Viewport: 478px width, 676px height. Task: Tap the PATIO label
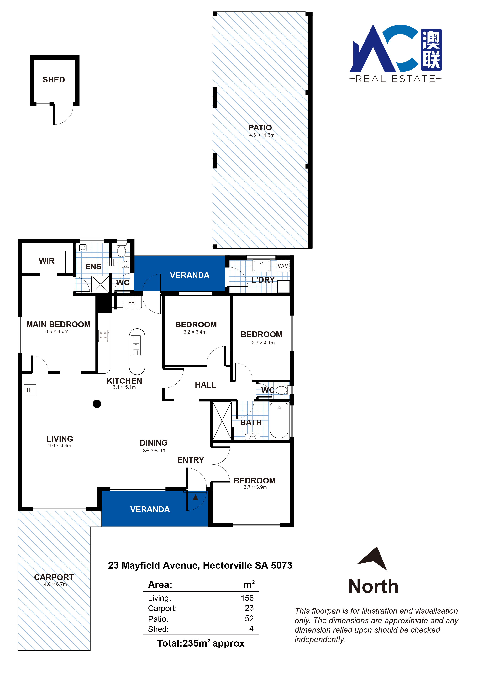pyautogui.click(x=260, y=128)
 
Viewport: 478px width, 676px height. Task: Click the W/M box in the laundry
pyautogui.click(x=283, y=266)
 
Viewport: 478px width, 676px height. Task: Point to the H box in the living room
pyautogui.click(x=30, y=390)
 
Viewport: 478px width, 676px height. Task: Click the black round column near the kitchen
pyautogui.click(x=97, y=404)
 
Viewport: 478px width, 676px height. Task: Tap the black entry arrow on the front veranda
pyautogui.click(x=195, y=497)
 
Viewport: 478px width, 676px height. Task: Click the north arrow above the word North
pyautogui.click(x=373, y=558)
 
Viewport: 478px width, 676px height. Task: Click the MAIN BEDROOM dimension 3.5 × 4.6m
pyautogui.click(x=57, y=331)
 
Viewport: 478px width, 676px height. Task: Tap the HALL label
pyautogui.click(x=205, y=385)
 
